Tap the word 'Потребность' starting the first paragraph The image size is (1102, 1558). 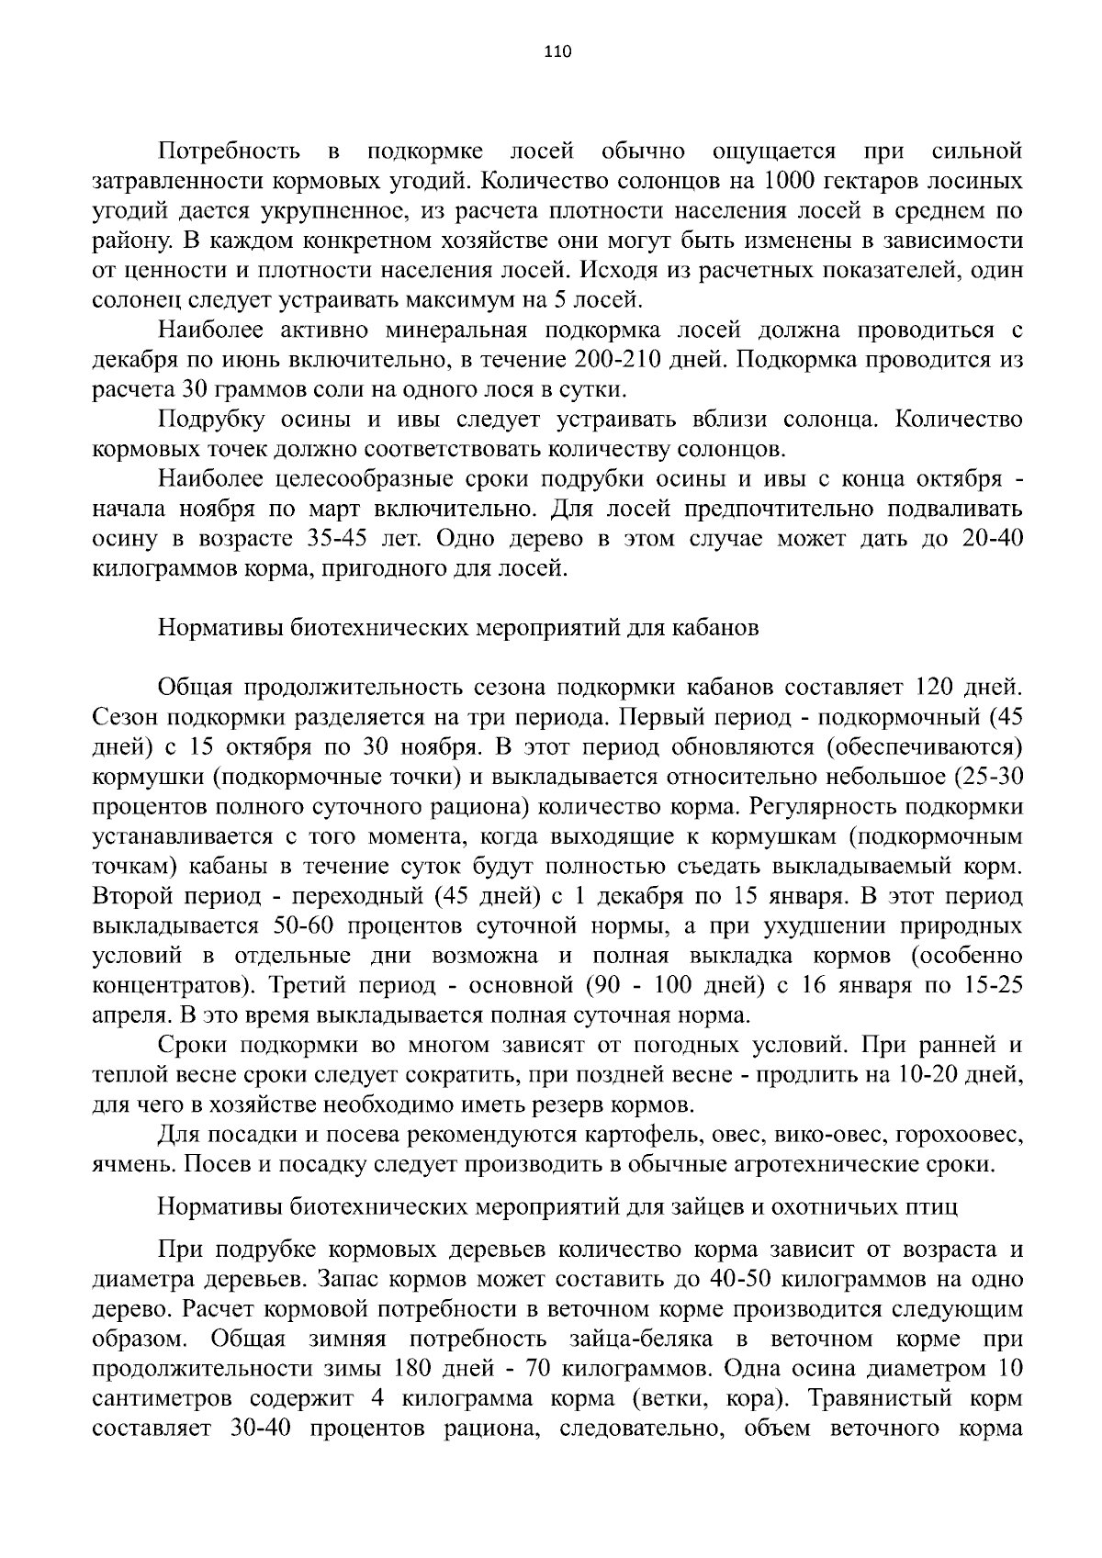coord(230,151)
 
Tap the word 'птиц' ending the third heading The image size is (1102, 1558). coord(935,1207)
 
